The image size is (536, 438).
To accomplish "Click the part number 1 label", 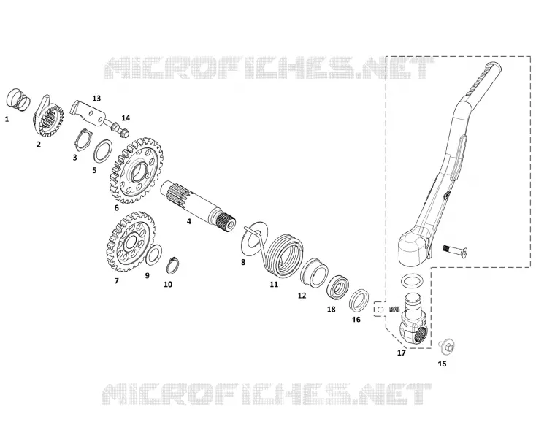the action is click(x=7, y=119).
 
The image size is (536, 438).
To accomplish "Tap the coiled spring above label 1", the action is click(x=18, y=99).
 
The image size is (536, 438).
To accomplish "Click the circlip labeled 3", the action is click(x=83, y=139).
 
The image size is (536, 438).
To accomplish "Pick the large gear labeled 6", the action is click(x=137, y=171).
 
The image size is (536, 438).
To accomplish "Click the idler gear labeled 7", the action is click(x=131, y=243).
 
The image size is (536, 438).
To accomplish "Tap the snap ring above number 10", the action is click(x=173, y=266).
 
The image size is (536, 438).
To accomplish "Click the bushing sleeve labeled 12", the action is click(x=315, y=272).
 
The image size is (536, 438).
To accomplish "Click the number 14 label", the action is click(x=126, y=118).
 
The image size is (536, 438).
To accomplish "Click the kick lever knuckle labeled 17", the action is click(x=414, y=319).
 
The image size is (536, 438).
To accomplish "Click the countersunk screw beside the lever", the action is click(x=455, y=251).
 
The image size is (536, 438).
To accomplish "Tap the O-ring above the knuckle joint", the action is click(x=413, y=282).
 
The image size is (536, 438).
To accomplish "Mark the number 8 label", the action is click(x=243, y=262).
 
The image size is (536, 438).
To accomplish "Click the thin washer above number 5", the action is click(x=103, y=150).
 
